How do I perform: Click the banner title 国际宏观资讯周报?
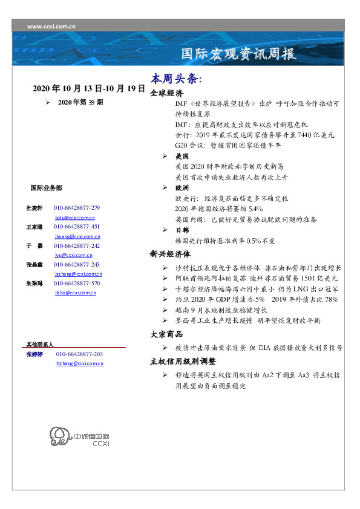pos(239,54)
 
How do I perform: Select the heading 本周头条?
pos(175,80)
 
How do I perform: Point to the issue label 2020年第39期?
pos(80,103)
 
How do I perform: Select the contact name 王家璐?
pos(33,227)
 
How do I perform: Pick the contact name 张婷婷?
pos(33,354)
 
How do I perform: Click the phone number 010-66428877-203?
pos(79,354)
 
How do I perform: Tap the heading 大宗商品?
pos(166,334)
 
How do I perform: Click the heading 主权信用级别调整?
pos(183,362)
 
